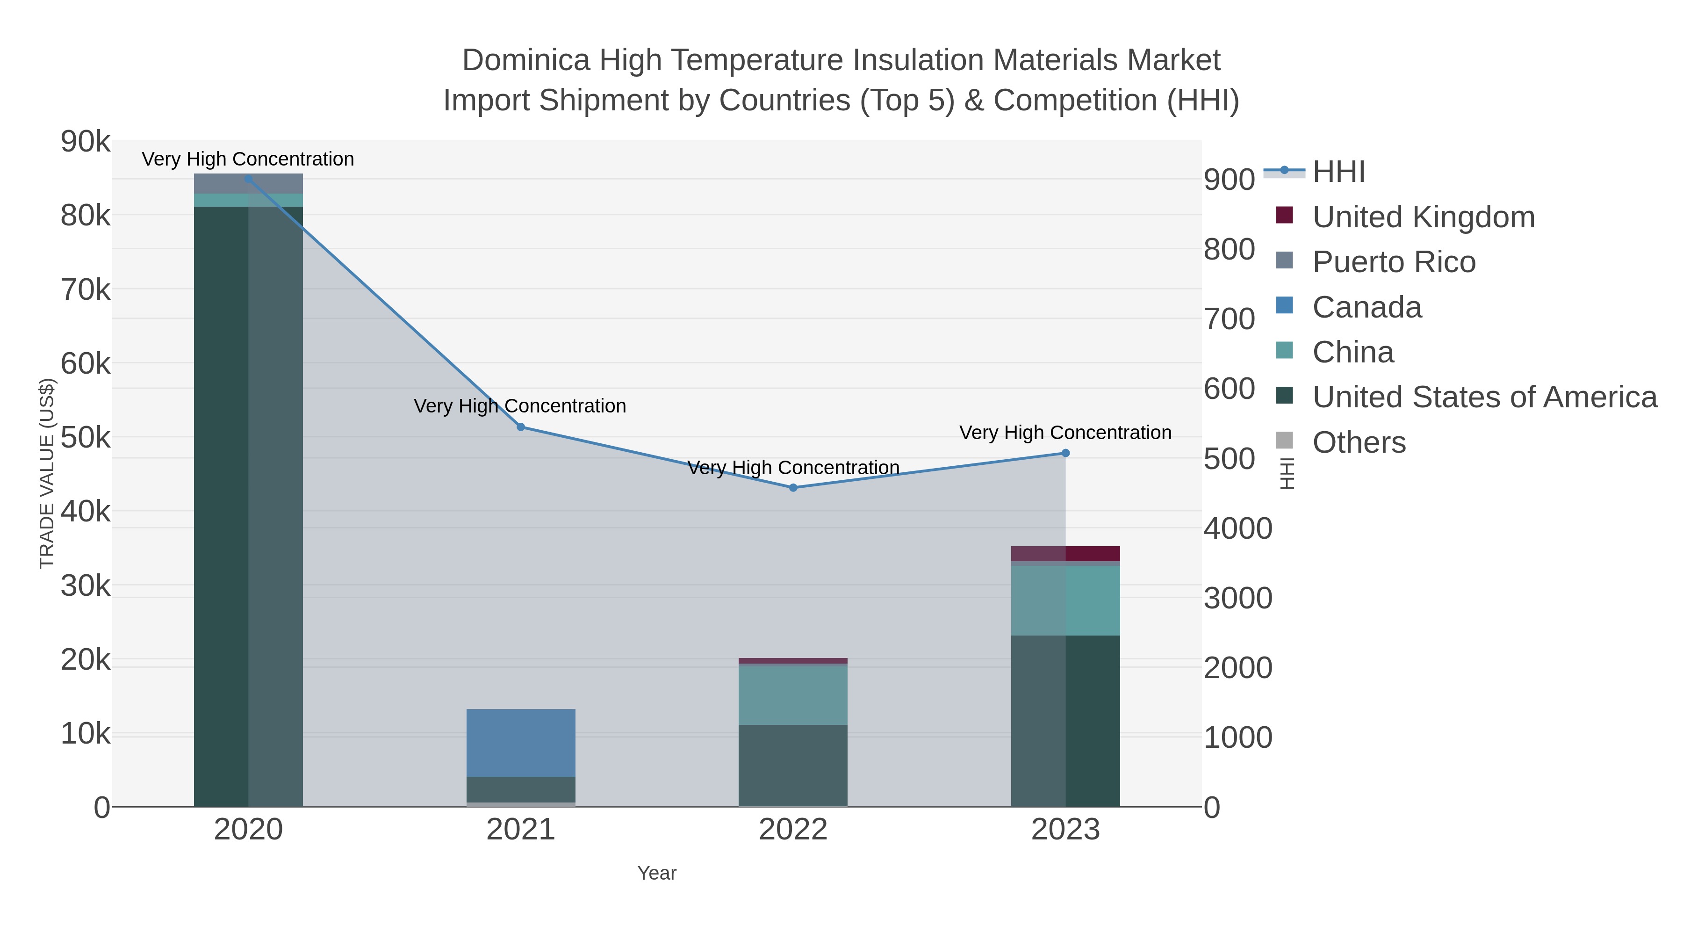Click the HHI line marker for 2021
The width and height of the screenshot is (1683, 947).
click(x=521, y=427)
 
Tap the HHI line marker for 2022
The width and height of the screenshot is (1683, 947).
click(x=793, y=488)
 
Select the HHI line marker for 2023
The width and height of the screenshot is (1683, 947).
click(x=1065, y=453)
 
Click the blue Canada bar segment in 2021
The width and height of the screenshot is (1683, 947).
click(x=521, y=743)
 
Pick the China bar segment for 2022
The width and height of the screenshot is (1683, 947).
click(x=793, y=695)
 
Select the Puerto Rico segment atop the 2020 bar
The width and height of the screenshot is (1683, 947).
click(x=248, y=184)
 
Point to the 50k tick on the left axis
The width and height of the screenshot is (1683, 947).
click(x=86, y=437)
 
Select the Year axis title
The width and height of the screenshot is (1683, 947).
click(x=657, y=873)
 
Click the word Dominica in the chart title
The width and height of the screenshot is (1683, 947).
click(x=526, y=60)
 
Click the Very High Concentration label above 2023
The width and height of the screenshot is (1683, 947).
click(x=1065, y=433)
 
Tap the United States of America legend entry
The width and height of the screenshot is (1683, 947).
click(x=1484, y=398)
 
